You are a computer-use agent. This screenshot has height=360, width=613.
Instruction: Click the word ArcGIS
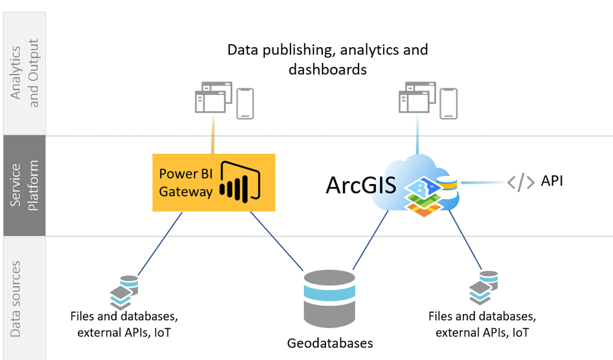[360, 184]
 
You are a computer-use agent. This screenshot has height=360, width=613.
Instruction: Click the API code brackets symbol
[520, 182]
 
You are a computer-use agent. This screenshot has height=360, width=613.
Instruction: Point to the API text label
[552, 181]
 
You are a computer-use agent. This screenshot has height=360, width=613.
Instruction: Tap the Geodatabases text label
[330, 343]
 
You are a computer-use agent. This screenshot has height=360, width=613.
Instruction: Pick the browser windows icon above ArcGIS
[417, 98]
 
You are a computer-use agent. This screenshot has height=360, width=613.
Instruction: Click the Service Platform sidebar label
[25, 186]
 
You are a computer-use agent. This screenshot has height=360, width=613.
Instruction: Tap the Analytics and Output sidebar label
[25, 73]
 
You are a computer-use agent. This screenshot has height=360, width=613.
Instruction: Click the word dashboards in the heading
[327, 69]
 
